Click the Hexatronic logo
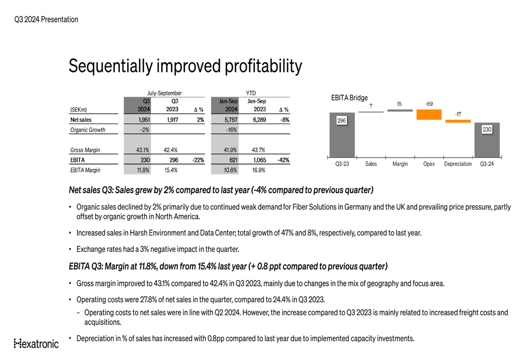click(36, 344)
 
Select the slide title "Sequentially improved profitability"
click(185, 66)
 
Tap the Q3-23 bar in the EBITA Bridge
click(342, 135)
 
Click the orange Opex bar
click(429, 115)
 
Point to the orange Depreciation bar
click(458, 121)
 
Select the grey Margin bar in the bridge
click(400, 110)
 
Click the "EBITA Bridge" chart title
click(349, 98)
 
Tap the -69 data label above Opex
click(429, 104)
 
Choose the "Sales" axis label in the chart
click(371, 164)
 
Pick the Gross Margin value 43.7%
click(257, 150)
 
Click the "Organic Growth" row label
click(87, 130)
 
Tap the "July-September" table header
click(164, 93)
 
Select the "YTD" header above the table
click(251, 93)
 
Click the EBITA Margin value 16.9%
click(257, 170)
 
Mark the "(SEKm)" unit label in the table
click(78, 110)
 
